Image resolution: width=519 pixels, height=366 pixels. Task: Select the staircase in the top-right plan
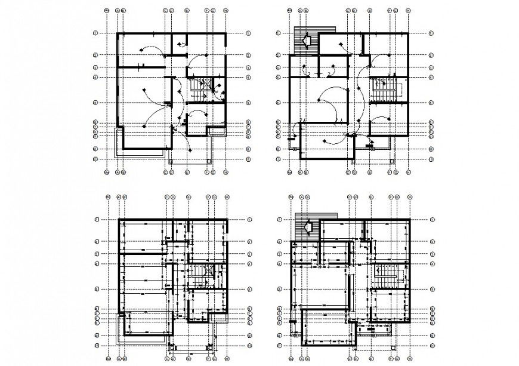[382, 90]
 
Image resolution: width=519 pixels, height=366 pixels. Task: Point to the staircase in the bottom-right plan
[384, 276]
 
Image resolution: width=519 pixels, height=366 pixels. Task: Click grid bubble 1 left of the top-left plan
[95, 33]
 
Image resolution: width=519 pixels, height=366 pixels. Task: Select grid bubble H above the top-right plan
[408, 11]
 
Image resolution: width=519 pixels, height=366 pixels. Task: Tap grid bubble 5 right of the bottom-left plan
[248, 288]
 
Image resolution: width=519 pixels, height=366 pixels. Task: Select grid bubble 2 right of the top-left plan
[247, 56]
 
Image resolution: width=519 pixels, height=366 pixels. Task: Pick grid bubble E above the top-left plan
[187, 11]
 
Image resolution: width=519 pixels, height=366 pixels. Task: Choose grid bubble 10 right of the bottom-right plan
[430, 336]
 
